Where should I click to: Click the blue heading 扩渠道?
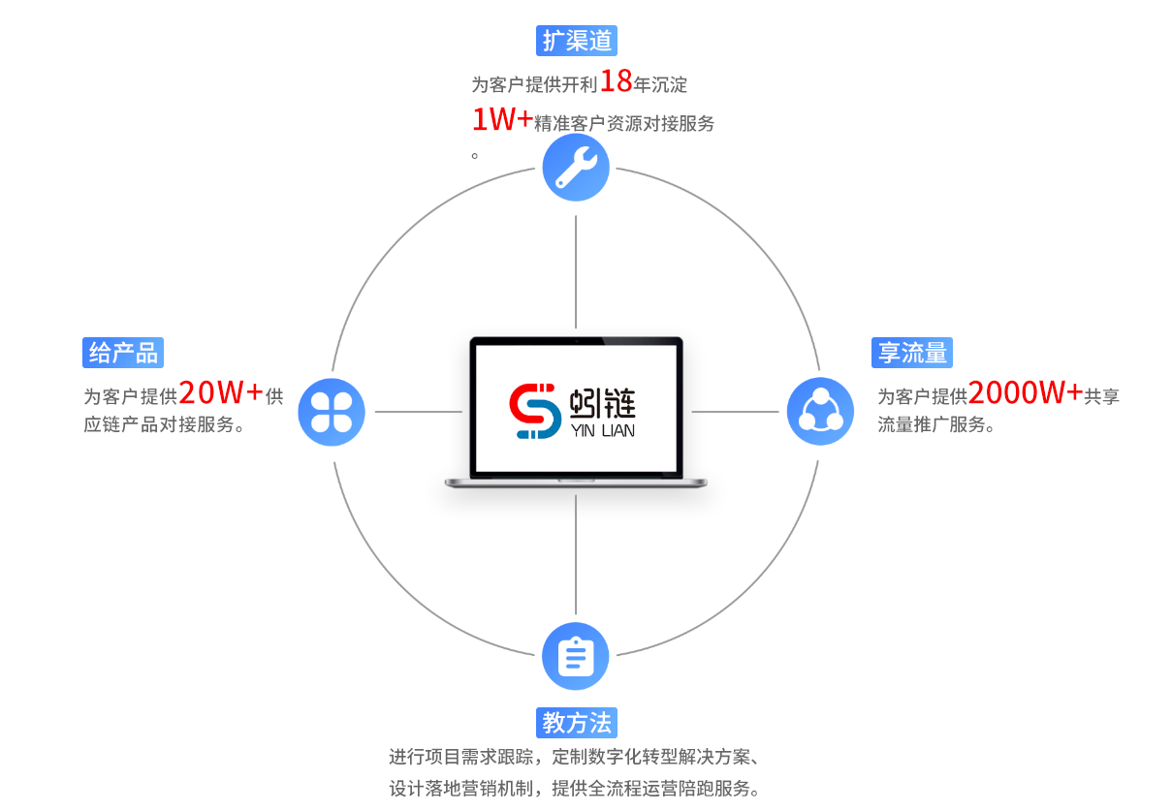[x=576, y=41]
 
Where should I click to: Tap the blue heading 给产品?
[x=123, y=353]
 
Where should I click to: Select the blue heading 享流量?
[x=911, y=353]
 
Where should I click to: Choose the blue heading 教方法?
[x=576, y=723]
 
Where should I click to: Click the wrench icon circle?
[x=576, y=168]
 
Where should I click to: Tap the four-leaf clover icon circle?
[x=332, y=412]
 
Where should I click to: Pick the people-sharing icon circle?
[x=820, y=412]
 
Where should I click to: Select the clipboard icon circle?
[x=576, y=656]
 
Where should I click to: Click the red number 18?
[x=616, y=81]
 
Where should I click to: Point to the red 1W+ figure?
[x=501, y=120]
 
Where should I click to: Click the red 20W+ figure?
[x=221, y=392]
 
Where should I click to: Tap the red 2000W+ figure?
[x=1025, y=392]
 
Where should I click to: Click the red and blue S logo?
[x=535, y=412]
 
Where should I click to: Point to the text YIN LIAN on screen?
[x=603, y=430]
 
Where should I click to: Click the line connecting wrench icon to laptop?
[x=576, y=272]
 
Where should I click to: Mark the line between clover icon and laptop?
[x=418, y=412]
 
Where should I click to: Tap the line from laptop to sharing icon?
[x=734, y=412]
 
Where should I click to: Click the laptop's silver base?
[x=576, y=483]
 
